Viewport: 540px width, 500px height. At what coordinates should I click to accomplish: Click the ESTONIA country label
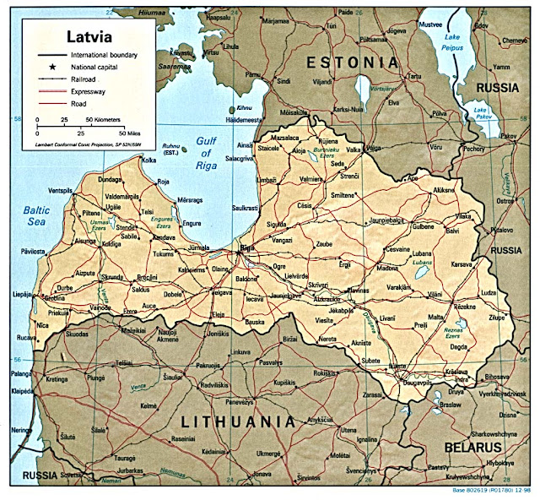tap(351, 62)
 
